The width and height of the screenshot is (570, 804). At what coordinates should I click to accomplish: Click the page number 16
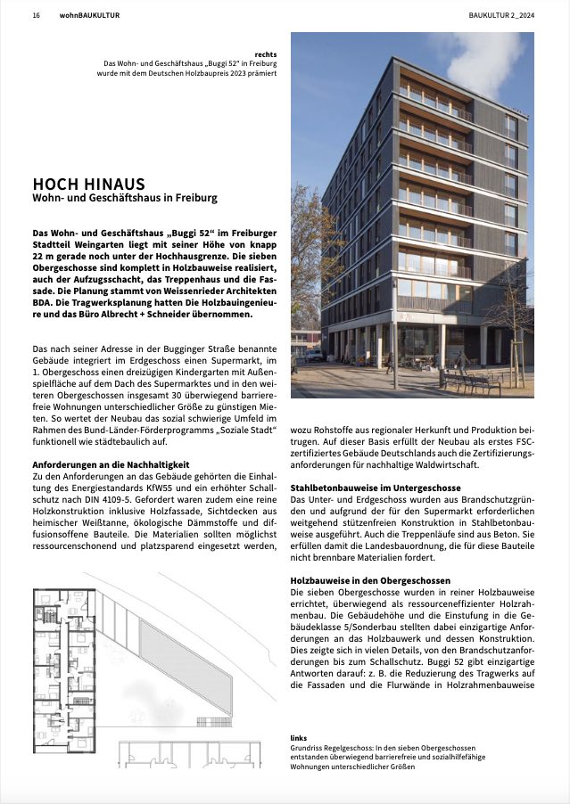[x=36, y=15]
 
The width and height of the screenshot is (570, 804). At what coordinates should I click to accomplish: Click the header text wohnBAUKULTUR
[x=90, y=15]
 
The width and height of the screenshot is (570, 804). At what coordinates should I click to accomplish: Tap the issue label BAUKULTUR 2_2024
[x=501, y=15]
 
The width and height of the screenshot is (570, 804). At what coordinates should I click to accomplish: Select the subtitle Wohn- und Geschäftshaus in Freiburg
[x=125, y=198]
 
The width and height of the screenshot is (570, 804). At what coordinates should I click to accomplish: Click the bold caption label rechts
[x=265, y=53]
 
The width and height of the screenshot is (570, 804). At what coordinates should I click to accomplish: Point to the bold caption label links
[x=299, y=738]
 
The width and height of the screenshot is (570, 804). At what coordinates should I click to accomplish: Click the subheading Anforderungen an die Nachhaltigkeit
[x=110, y=464]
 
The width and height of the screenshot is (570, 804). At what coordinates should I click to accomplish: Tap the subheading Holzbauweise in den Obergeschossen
[x=370, y=580]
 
